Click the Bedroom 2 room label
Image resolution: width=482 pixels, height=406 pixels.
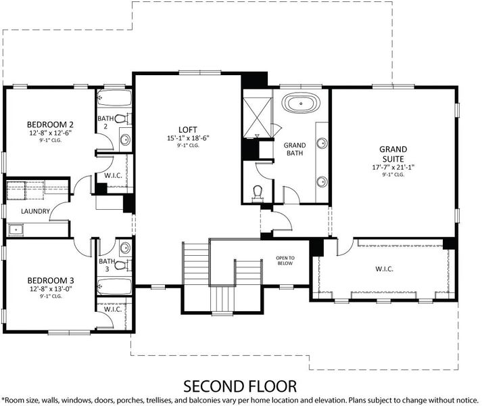(50, 125)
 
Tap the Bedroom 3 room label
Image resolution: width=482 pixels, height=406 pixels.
(51, 280)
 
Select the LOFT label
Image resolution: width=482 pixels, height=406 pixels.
(188, 130)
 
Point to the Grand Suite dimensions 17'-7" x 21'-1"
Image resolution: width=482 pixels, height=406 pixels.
(393, 167)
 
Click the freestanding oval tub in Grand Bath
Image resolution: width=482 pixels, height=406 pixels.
(302, 103)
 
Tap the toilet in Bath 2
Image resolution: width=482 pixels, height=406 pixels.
(124, 118)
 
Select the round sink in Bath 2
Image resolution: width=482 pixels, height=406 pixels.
(125, 140)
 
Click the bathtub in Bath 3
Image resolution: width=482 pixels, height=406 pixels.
(114, 287)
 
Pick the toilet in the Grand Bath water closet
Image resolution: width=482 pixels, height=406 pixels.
(258, 194)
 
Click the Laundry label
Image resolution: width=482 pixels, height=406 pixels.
(35, 211)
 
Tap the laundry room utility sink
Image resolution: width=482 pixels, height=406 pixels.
(16, 229)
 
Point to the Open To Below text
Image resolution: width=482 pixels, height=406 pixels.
(285, 261)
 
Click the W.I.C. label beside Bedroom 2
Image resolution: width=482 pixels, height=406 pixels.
(113, 175)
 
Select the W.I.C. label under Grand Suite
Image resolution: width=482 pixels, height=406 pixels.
(384, 269)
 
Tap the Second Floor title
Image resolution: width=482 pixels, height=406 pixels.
(240, 386)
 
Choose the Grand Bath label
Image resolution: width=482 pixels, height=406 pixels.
(295, 149)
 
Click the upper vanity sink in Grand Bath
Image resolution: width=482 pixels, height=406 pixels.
(322, 143)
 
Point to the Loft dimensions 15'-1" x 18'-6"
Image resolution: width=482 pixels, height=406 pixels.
(188, 138)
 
